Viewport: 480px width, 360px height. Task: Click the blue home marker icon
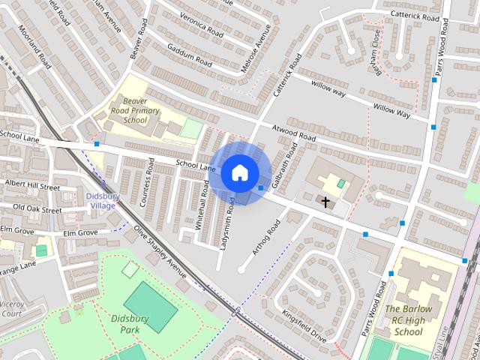click(239, 172)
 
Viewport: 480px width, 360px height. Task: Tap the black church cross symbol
click(325, 202)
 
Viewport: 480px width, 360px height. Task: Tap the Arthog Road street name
click(266, 236)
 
